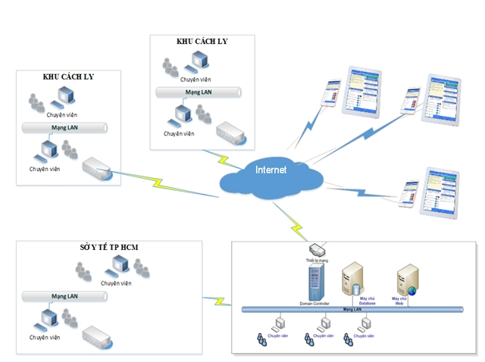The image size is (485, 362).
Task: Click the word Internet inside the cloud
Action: tap(271, 170)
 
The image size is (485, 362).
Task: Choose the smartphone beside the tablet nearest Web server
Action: tap(409, 195)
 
